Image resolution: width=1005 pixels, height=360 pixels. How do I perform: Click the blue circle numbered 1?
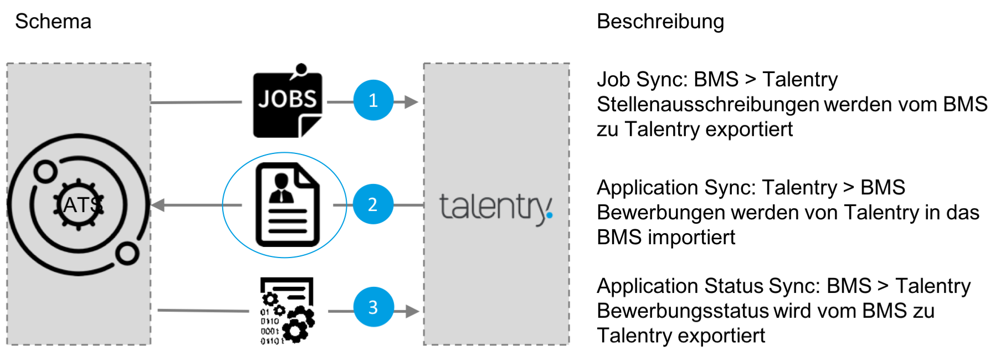pyautogui.click(x=373, y=100)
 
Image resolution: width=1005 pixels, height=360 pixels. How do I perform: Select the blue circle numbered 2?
pyautogui.click(x=373, y=204)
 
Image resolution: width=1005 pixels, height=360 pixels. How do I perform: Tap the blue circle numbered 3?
pyautogui.click(x=373, y=307)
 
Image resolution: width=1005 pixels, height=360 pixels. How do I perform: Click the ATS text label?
pyautogui.click(x=82, y=205)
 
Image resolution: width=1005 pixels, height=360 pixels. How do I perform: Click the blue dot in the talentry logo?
pyautogui.click(x=549, y=215)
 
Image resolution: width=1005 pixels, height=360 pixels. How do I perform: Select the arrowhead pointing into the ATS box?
pyautogui.click(x=158, y=205)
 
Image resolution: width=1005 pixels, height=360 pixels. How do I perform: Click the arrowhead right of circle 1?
pyautogui.click(x=412, y=102)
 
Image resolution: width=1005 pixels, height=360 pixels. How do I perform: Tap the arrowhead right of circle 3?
pyautogui.click(x=413, y=311)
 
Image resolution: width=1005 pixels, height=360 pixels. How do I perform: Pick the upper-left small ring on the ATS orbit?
pyautogui.click(x=45, y=172)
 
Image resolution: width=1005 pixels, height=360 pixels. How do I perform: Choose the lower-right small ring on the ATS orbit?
pyautogui.click(x=127, y=254)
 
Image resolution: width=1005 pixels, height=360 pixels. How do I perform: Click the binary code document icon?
pyautogui.click(x=288, y=311)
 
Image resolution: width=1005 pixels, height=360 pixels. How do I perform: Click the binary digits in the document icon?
pyautogui.click(x=270, y=327)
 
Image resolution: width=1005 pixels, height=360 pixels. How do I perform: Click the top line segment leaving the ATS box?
pyautogui.click(x=197, y=102)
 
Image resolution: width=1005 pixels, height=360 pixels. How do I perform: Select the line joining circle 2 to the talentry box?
pyautogui.click(x=408, y=205)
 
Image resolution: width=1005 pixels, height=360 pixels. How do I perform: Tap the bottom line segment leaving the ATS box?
pyautogui.click(x=203, y=311)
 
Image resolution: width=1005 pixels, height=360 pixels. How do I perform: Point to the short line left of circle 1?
pyautogui.click(x=340, y=102)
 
